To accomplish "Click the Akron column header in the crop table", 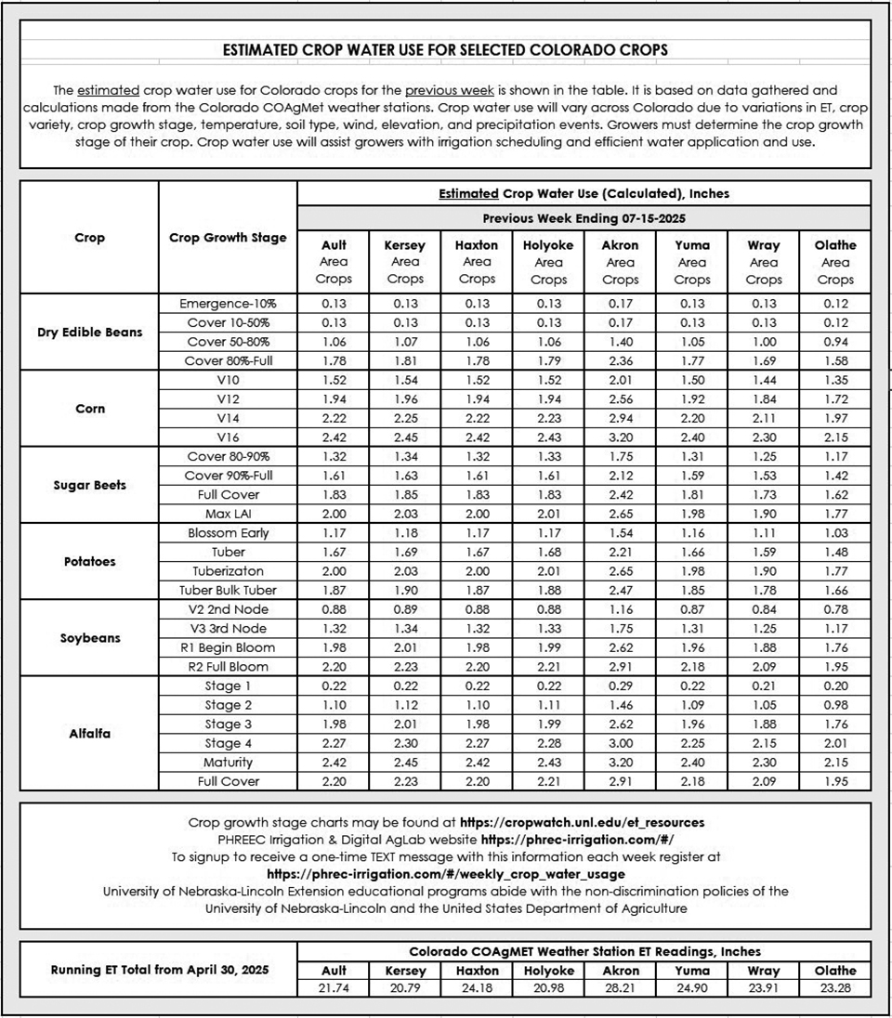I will tap(620, 245).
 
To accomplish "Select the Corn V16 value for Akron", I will tap(620, 437).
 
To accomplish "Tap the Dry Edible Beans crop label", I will tap(90, 332).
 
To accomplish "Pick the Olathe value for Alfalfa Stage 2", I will tap(834, 705).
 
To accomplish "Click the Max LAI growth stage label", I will tap(228, 514).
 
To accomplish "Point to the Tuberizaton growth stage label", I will tap(228, 570).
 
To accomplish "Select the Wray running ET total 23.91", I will tap(763, 989).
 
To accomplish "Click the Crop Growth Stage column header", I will tap(228, 238).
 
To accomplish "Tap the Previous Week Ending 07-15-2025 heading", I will tap(584, 218).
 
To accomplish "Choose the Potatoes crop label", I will tap(90, 561).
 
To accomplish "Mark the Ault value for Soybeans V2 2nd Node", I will tap(334, 609).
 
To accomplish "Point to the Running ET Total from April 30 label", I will tap(159, 970).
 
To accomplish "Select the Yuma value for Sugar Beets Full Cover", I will tap(691, 495).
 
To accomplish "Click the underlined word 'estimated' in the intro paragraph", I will tap(109, 90).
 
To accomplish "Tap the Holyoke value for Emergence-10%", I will tap(548, 304).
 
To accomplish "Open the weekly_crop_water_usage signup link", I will tap(446, 874).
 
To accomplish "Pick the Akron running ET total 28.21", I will tap(620, 989).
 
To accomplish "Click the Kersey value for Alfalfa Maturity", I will tap(405, 762).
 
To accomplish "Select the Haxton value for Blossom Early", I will tap(477, 533).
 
